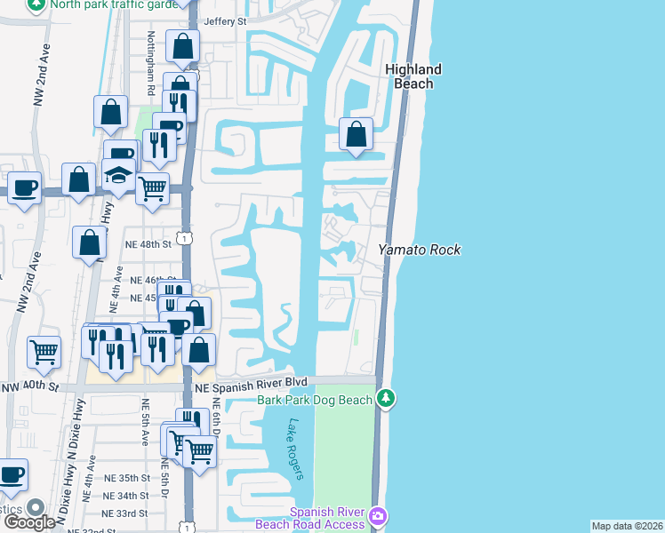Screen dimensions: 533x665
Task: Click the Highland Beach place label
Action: coord(413,76)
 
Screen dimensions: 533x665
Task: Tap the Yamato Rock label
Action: coord(420,251)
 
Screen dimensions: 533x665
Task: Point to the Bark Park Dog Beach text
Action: coord(315,401)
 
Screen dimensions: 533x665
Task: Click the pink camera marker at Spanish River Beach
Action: coord(379,516)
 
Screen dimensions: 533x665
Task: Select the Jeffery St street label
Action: coord(224,21)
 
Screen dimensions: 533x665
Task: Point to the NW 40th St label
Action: coord(29,387)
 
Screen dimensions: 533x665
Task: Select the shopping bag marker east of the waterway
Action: coord(357,134)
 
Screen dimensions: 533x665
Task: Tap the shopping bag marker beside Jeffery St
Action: coord(182,44)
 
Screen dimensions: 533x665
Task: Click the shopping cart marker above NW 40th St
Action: coord(44,352)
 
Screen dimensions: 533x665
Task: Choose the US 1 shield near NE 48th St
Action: coord(182,237)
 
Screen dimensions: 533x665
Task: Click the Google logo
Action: coord(29,521)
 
